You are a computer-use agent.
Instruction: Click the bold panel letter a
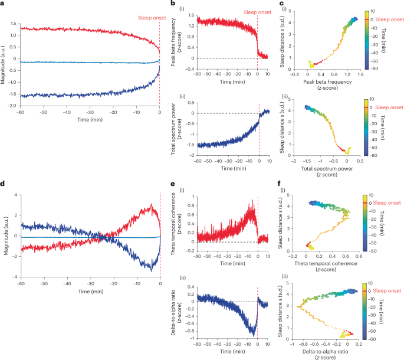(3, 4)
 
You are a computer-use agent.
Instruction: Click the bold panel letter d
(3, 183)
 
